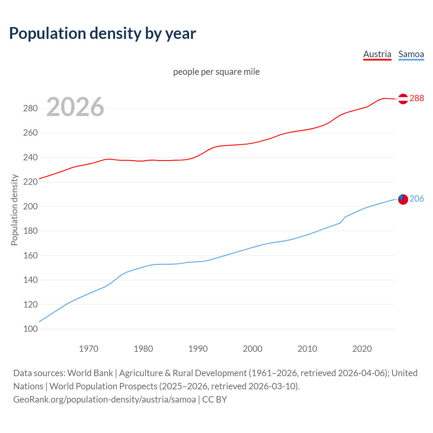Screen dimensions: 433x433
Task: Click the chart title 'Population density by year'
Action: (x=102, y=33)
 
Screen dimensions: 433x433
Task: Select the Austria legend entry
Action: (x=377, y=54)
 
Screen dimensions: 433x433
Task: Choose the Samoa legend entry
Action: (x=411, y=54)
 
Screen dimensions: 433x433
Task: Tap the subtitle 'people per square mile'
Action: (x=216, y=72)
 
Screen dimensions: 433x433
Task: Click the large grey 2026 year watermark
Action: (x=75, y=107)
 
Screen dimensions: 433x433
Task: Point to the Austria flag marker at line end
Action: (x=403, y=98)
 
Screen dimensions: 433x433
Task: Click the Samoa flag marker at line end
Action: (x=403, y=199)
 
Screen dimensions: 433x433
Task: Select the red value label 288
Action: (x=417, y=98)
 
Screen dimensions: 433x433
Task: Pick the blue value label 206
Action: (x=417, y=199)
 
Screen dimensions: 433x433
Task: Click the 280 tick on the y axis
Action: (x=30, y=109)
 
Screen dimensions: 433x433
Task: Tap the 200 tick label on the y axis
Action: (x=30, y=206)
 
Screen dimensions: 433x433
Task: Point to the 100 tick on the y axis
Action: (x=30, y=329)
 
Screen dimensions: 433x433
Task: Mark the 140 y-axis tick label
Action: (x=30, y=280)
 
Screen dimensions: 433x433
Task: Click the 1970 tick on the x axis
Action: (x=89, y=349)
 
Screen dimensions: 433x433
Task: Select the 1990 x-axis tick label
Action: (x=198, y=349)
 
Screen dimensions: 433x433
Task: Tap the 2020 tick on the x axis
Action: (x=362, y=349)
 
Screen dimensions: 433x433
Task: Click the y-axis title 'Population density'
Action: (x=14, y=210)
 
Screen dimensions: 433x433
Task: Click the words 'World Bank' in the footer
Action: (x=90, y=373)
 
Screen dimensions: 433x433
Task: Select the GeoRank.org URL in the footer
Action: (x=105, y=400)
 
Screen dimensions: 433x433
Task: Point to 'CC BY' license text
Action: (x=214, y=400)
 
